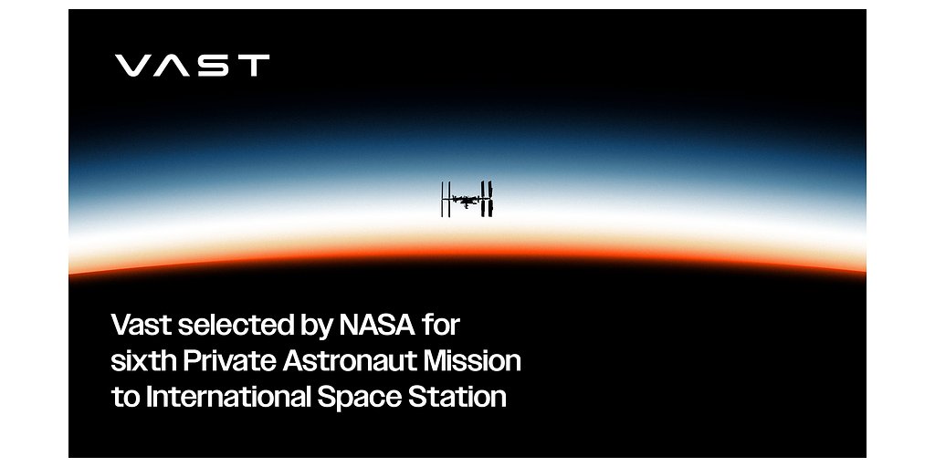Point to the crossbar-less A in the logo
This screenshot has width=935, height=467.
172,66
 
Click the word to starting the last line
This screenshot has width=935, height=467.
121,399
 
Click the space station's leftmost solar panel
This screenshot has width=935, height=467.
444,199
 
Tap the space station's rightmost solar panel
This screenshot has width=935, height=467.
490,199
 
